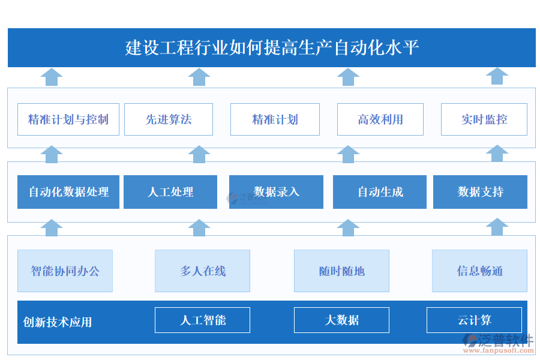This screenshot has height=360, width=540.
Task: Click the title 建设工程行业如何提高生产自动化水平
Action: pos(271,47)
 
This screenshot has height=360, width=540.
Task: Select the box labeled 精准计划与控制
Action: pos(68,119)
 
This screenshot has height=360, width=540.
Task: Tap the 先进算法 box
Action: pos(169,119)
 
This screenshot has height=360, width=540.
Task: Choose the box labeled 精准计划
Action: pos(275,119)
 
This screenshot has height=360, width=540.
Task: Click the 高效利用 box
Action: pos(380,119)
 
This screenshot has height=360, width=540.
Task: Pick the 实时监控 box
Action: pos(484,119)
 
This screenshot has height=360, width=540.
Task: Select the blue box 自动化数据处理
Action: pos(68,192)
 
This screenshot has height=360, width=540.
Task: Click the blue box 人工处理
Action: pos(170,192)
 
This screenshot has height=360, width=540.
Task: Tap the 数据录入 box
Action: pos(276,192)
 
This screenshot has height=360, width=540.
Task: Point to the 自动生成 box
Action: pos(380,192)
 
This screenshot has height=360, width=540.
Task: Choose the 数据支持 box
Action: pos(480,192)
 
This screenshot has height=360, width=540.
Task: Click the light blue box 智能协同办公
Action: pos(65,271)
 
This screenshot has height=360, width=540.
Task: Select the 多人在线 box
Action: pos(202,271)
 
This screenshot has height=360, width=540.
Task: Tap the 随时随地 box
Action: pos(341,271)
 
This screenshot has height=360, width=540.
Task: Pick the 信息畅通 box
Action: pos(479,271)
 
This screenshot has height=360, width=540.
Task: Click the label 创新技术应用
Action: pos(58,322)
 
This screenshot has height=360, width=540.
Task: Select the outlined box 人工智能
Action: pos(202,320)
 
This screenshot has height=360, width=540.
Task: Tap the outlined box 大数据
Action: pos(341,320)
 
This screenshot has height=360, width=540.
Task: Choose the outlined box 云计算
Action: pos(474,320)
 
